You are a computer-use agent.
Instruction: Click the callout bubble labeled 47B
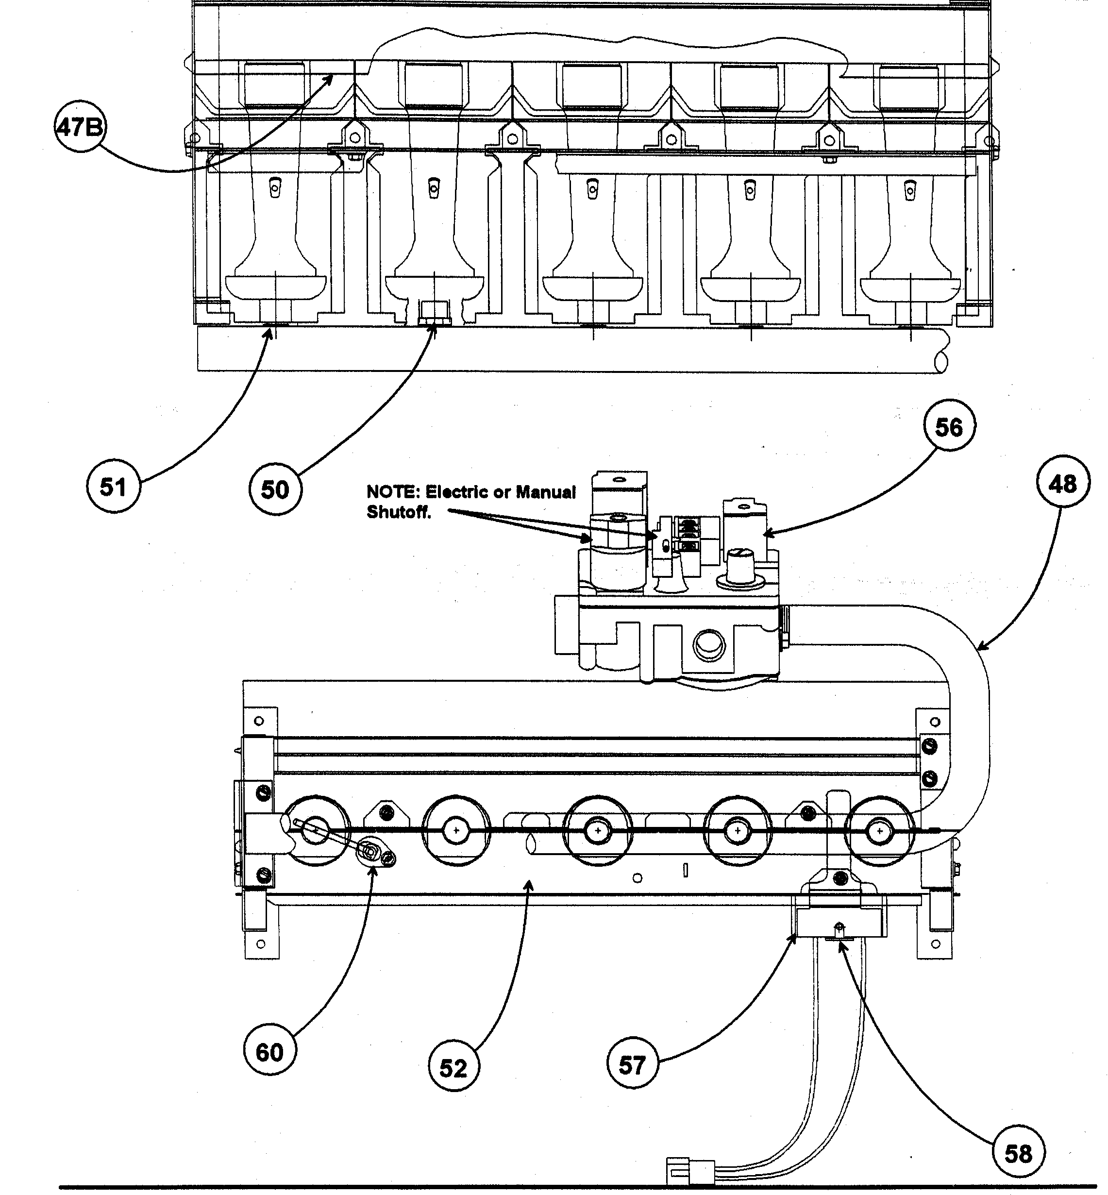click(x=79, y=127)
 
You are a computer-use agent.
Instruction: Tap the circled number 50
click(x=275, y=489)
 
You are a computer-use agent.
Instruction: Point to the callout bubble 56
click(x=949, y=427)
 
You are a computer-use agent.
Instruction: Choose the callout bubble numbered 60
click(x=269, y=1052)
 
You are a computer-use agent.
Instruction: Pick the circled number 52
click(x=453, y=1067)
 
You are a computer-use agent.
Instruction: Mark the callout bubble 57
click(x=632, y=1065)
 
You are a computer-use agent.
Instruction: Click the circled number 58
click(x=1018, y=1153)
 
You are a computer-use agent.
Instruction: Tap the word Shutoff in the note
click(x=398, y=513)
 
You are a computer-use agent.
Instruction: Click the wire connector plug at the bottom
click(x=690, y=1172)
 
